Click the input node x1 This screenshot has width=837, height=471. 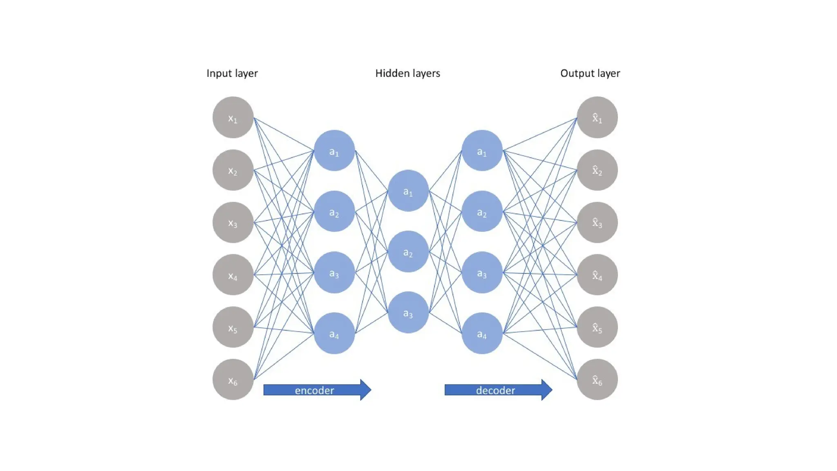(233, 117)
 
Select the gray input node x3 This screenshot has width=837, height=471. (233, 222)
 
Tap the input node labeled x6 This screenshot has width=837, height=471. (233, 379)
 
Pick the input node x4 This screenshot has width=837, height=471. (233, 275)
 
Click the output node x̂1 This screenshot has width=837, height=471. (597, 117)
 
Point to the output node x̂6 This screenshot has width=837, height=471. (597, 379)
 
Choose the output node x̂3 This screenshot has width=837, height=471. (597, 222)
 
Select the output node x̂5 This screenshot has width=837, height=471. (597, 327)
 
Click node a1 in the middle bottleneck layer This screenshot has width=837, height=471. (408, 191)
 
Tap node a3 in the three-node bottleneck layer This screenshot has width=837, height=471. (408, 312)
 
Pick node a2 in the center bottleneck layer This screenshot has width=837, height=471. (408, 251)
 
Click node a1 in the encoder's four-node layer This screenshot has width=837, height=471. (334, 150)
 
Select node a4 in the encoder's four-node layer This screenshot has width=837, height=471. (334, 333)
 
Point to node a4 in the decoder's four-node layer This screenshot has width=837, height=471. (482, 333)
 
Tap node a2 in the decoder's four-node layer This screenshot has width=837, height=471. (482, 211)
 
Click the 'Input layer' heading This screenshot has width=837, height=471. (232, 73)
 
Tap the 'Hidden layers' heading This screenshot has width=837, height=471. (407, 73)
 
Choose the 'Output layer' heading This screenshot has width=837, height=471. (590, 73)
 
